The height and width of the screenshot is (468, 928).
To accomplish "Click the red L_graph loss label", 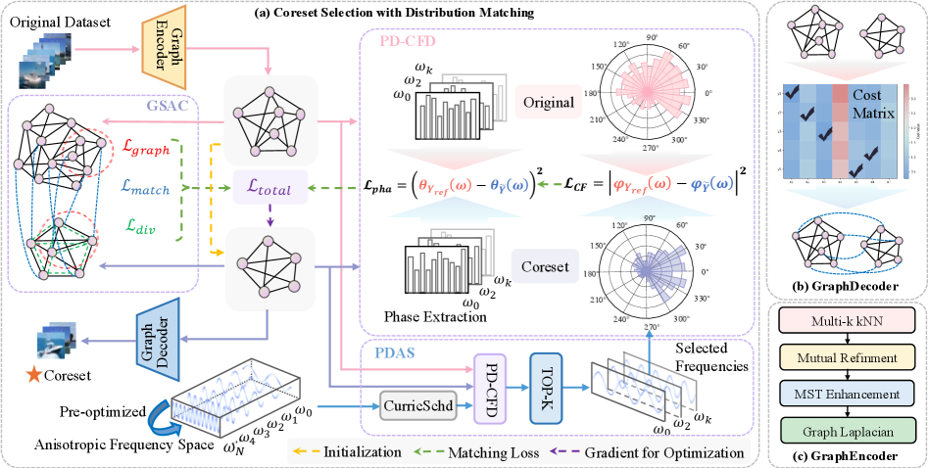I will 149,151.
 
